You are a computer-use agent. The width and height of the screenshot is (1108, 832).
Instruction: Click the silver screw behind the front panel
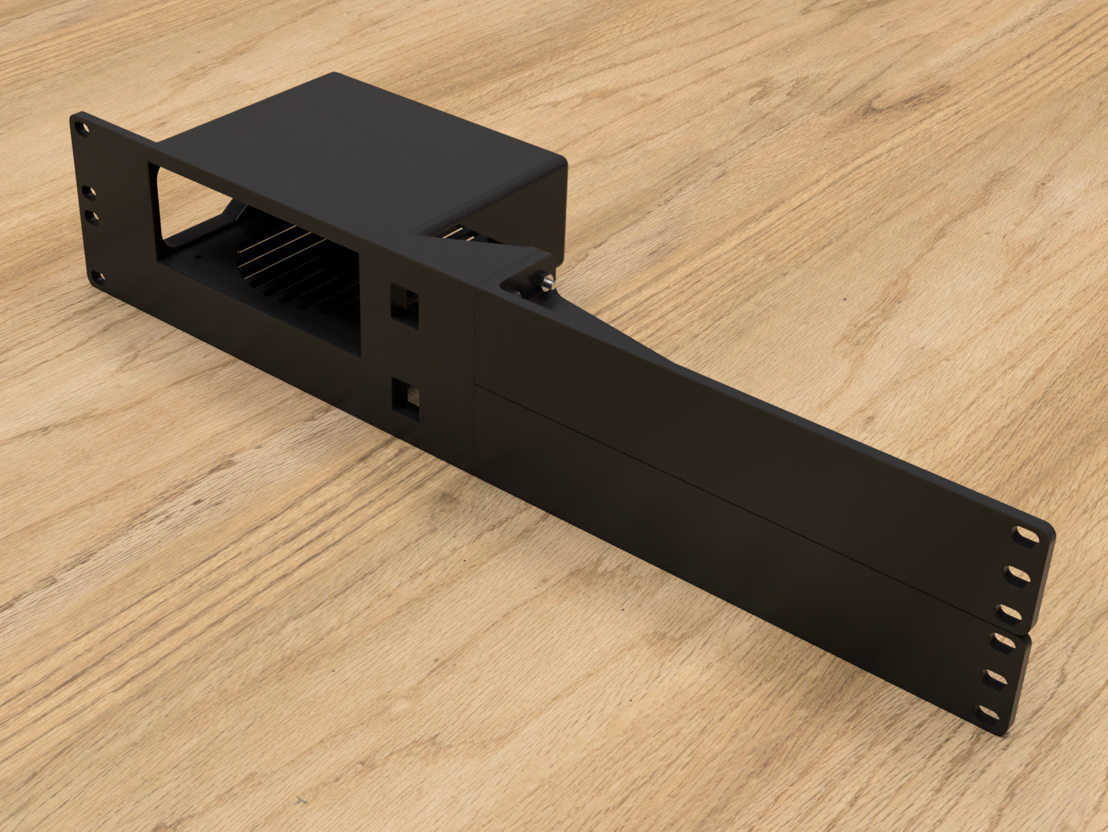(547, 279)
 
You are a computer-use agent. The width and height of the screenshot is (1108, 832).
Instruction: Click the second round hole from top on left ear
(88, 193)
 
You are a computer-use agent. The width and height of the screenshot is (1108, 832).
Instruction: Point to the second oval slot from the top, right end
(1020, 575)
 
